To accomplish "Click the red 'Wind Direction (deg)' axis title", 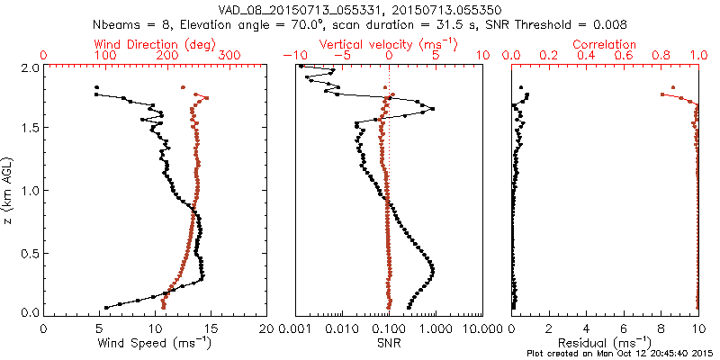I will click(158, 44).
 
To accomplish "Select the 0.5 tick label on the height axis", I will click(30, 255).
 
